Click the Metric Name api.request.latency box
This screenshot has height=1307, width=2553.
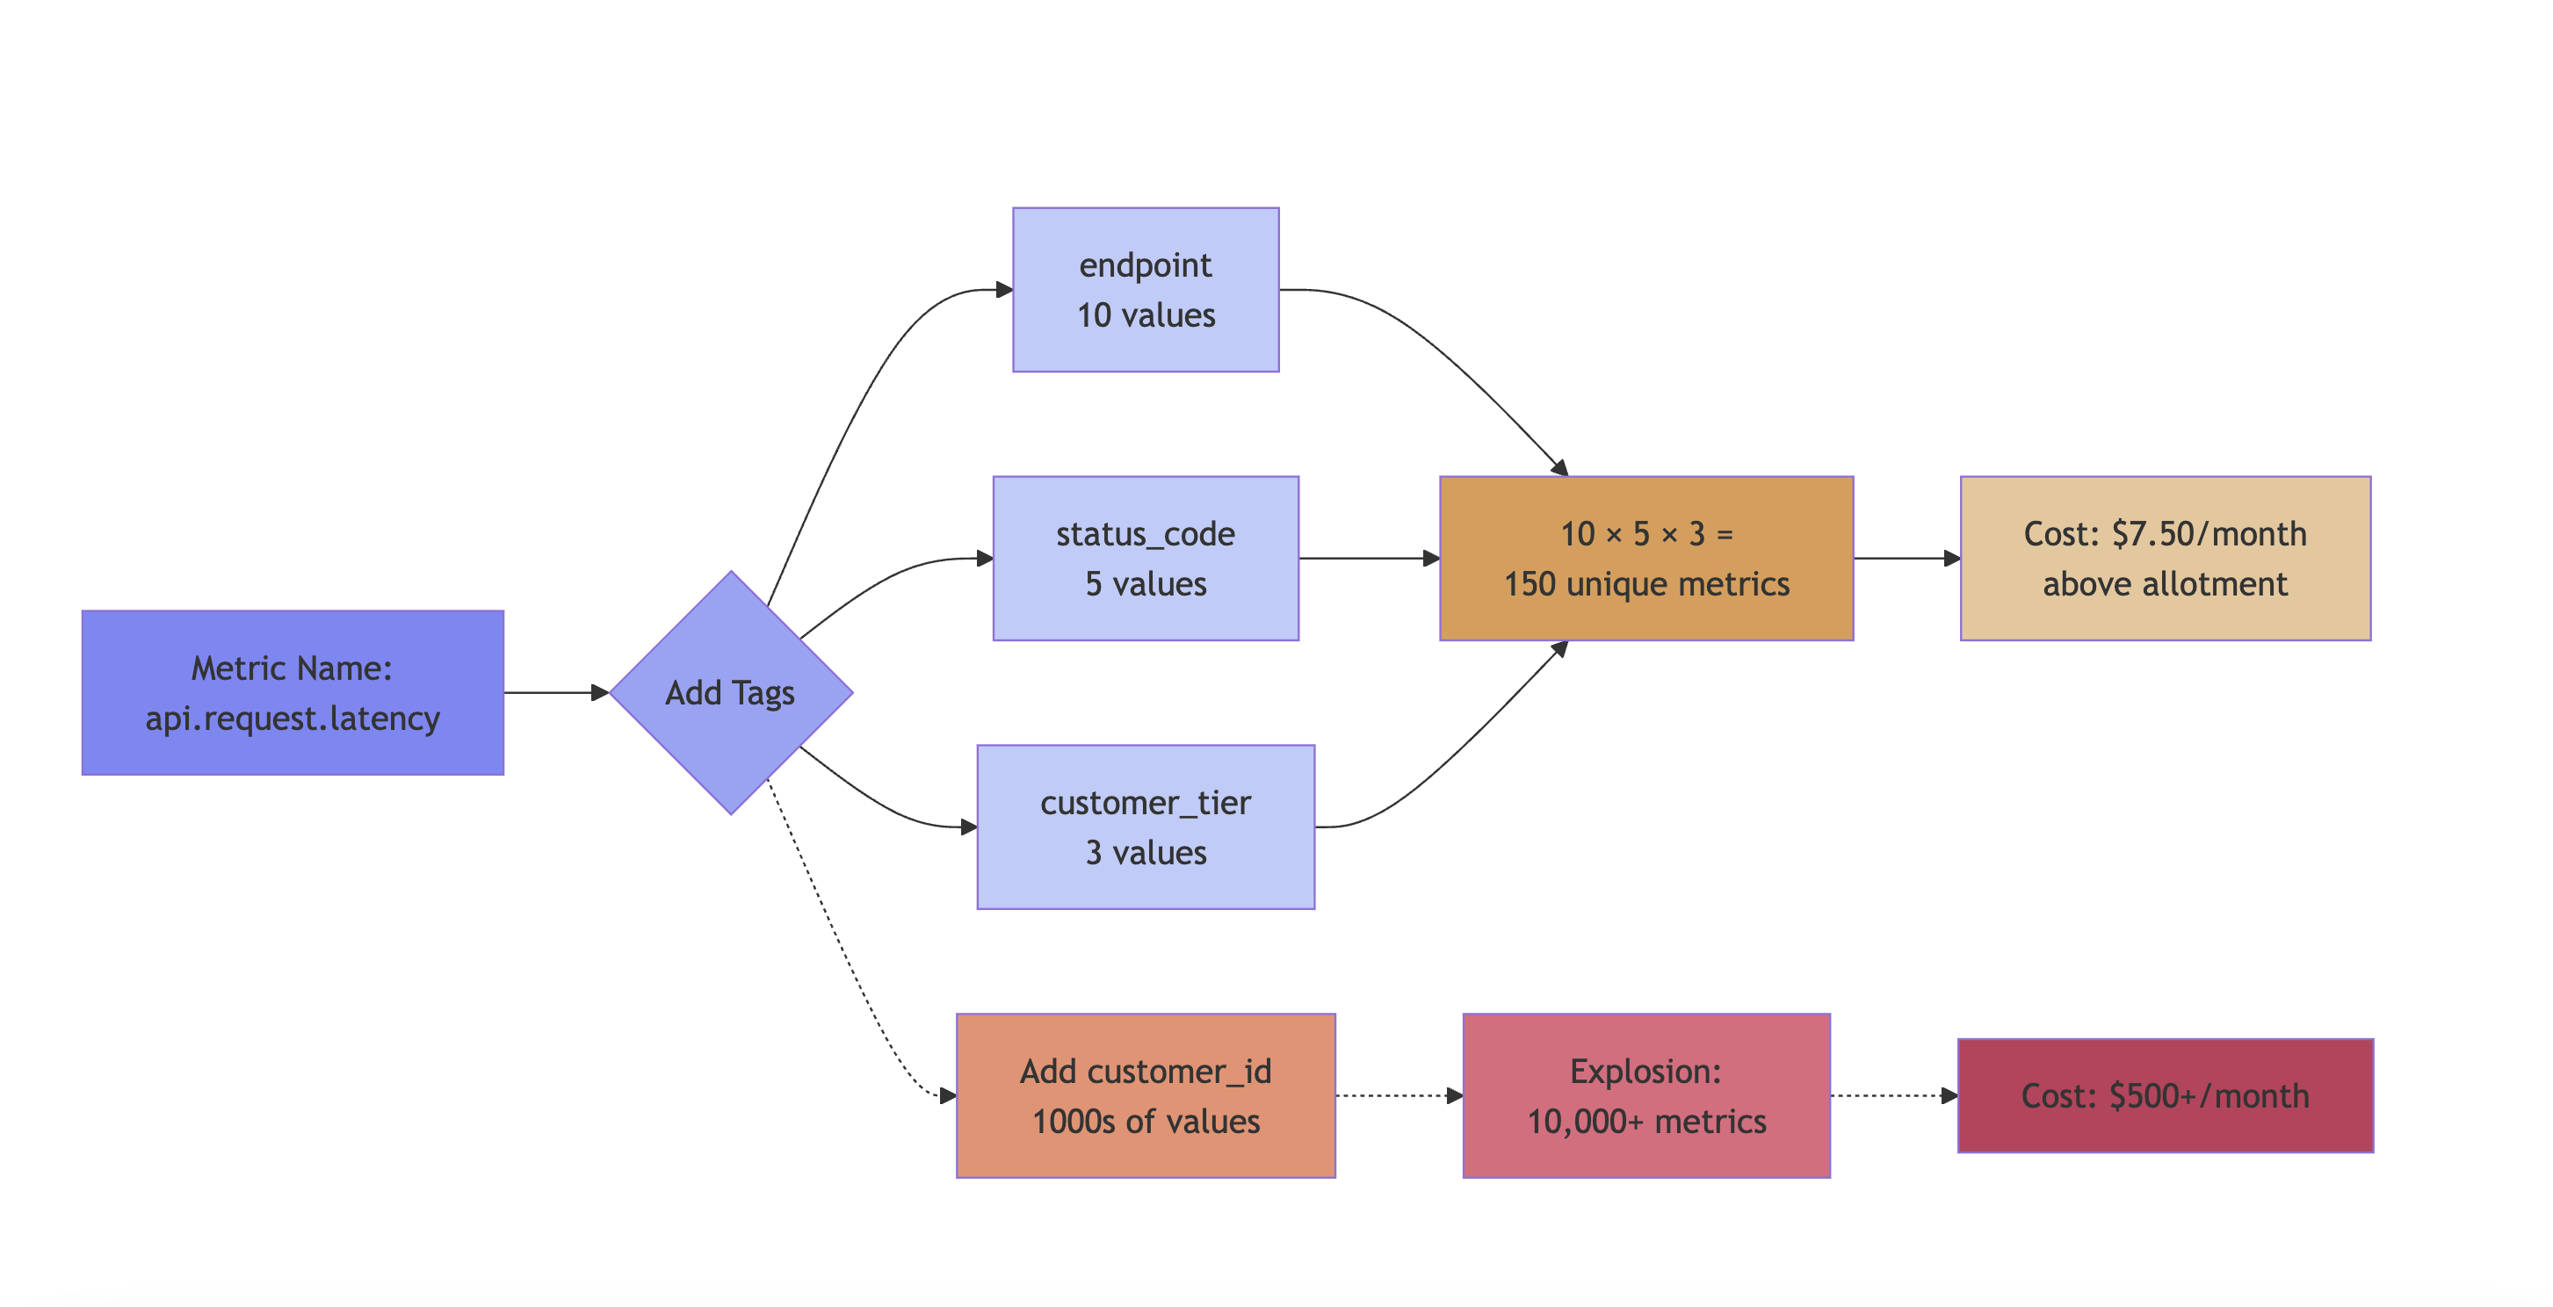pyautogui.click(x=293, y=693)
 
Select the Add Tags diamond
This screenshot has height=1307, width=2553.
pyautogui.click(x=730, y=693)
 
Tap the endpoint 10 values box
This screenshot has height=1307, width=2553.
pyautogui.click(x=1146, y=289)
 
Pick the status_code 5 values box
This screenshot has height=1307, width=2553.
pyautogui.click(x=1146, y=558)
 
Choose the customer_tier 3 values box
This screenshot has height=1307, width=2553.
pyautogui.click(x=1146, y=827)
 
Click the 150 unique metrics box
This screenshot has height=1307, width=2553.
pyautogui.click(x=1646, y=558)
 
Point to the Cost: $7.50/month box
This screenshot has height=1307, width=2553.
pyautogui.click(x=2165, y=558)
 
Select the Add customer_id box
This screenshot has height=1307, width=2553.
pyautogui.click(x=1146, y=1095)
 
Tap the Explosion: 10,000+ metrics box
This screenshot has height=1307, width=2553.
pyautogui.click(x=1646, y=1095)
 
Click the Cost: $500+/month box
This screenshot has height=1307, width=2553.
pyautogui.click(x=2165, y=1095)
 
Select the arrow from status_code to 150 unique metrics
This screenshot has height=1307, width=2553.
pyautogui.click(x=1368, y=558)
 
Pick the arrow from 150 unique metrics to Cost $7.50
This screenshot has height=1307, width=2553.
pyautogui.click(x=1905, y=558)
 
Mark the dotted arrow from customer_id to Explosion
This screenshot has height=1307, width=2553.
pyautogui.click(x=1398, y=1095)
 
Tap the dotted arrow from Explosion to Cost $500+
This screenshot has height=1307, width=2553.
pyautogui.click(x=1893, y=1095)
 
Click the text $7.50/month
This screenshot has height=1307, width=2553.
pyautogui.click(x=2209, y=534)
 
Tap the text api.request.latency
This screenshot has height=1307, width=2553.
pyautogui.click(x=293, y=718)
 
